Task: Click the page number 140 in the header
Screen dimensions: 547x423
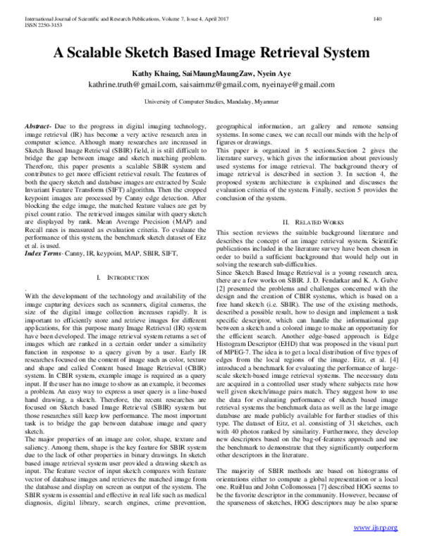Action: (397, 18)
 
